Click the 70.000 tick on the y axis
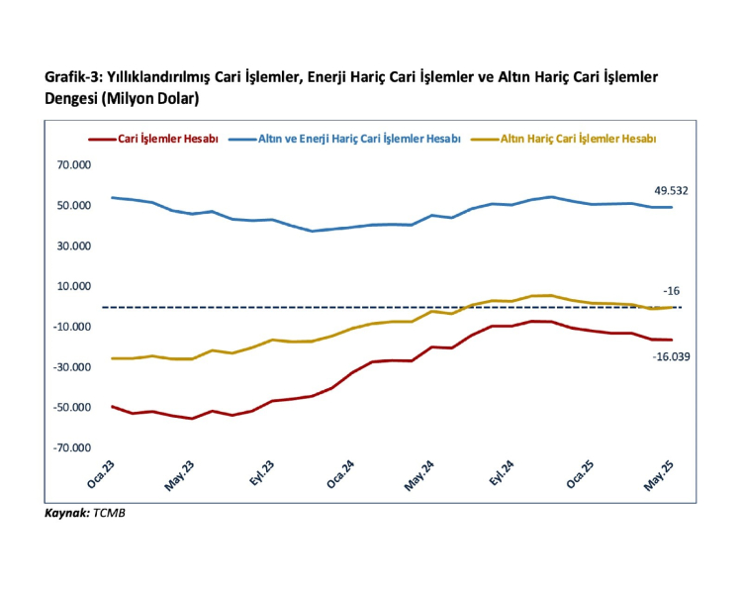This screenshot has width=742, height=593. (x=73, y=165)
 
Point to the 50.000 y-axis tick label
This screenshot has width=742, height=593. (x=73, y=206)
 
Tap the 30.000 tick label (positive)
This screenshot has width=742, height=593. (x=73, y=247)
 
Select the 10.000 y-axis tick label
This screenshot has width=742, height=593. (x=73, y=286)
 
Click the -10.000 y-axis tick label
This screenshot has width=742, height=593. (x=72, y=327)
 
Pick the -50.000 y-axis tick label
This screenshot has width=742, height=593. (x=72, y=407)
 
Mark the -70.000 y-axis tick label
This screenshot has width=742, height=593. (x=72, y=447)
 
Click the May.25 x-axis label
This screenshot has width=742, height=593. (x=660, y=477)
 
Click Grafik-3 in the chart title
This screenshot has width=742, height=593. (x=73, y=77)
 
